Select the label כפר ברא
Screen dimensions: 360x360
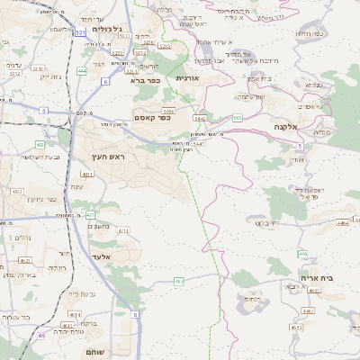point(144,80)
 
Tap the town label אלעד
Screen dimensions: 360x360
point(102,256)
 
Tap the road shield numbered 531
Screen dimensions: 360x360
point(81,32)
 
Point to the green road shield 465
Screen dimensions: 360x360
point(180,282)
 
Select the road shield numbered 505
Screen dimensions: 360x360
point(237,117)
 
